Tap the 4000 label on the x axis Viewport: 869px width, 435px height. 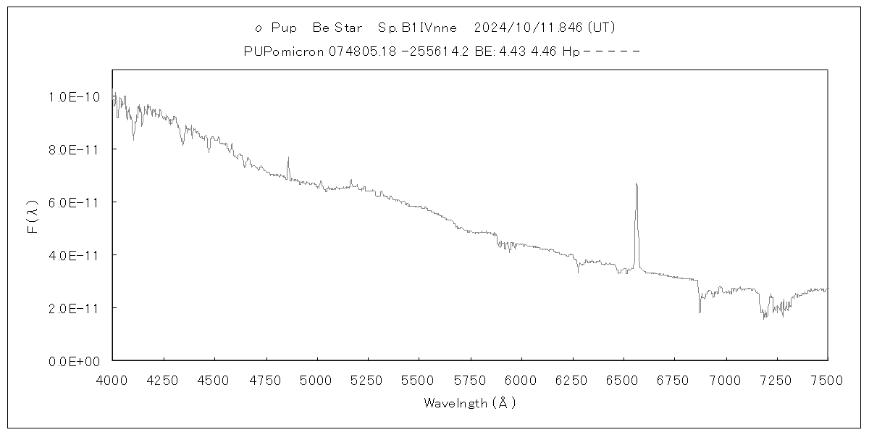coord(112,379)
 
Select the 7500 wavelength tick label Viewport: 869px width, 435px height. coord(827,379)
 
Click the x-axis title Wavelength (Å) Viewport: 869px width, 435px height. coord(470,403)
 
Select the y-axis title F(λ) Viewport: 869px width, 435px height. coord(33,215)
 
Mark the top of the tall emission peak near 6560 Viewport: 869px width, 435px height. coord(636,183)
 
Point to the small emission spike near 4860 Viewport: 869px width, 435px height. coord(288,158)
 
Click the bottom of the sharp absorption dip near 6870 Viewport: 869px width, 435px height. coord(700,312)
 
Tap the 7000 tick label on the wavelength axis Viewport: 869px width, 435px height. coord(725,379)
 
